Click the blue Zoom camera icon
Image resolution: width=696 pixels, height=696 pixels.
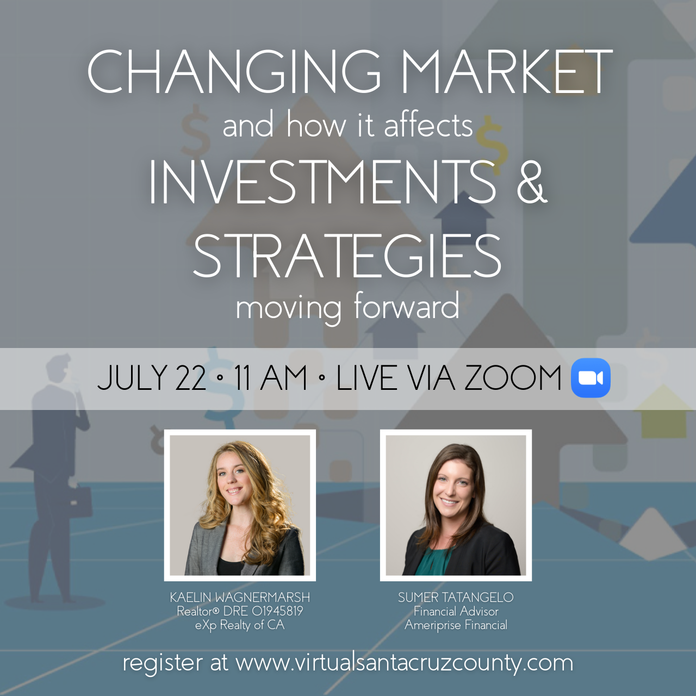(591, 378)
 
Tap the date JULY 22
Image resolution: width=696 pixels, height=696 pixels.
(152, 378)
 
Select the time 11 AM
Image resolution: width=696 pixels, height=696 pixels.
(271, 378)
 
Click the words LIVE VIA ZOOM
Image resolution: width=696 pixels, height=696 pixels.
(449, 378)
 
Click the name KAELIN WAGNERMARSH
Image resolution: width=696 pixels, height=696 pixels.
(240, 598)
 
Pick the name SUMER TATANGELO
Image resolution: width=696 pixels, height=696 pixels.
(456, 598)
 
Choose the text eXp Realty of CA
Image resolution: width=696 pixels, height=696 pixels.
(240, 625)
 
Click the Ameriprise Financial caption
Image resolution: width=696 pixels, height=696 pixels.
(456, 625)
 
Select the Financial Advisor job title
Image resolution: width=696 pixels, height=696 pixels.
(456, 611)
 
